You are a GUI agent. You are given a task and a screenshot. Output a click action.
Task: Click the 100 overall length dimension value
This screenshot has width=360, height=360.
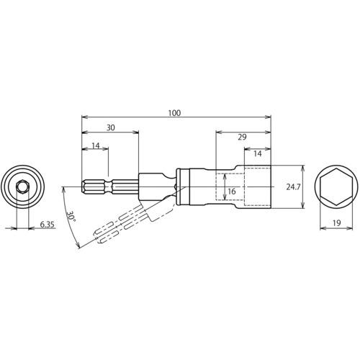coord(174,113)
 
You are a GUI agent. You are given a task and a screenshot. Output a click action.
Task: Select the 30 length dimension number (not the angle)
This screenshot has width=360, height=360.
coord(111,127)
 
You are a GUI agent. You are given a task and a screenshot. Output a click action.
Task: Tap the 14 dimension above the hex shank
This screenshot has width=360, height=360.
coord(96,145)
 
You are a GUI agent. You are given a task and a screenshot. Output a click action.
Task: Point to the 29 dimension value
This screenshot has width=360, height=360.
coord(242,137)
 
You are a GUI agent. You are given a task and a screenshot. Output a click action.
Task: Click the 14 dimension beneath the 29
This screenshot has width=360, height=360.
coord(258,153)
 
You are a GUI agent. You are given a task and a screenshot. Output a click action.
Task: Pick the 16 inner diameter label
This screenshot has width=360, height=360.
coord(232,192)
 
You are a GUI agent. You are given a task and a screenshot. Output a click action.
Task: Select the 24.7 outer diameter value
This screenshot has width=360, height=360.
coord(293,187)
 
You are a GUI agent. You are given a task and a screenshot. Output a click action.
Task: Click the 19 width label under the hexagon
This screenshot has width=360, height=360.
coord(336,223)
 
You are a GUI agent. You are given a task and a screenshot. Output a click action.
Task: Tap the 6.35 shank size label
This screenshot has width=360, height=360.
coord(48,225)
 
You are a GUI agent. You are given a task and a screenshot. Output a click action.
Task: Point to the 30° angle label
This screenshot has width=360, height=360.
coord(71,217)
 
